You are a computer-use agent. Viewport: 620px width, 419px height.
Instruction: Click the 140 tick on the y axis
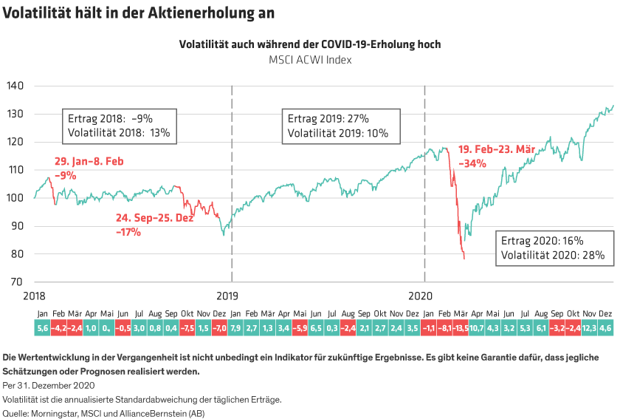click(x=14, y=86)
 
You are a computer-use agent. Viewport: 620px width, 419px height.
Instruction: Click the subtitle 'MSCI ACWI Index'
click(x=310, y=59)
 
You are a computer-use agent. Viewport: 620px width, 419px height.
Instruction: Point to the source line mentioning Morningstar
click(x=104, y=413)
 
